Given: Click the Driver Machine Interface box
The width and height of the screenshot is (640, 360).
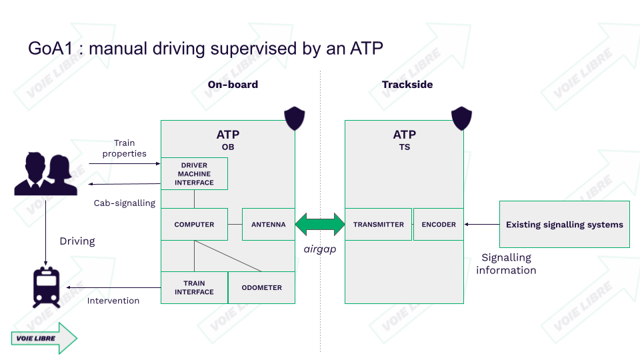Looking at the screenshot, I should coord(194,173).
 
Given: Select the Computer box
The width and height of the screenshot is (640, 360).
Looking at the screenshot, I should coord(194,225).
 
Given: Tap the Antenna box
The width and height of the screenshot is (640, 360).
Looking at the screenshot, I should coord(268,225).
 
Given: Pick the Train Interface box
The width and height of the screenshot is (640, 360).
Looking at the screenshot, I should coord(194,287).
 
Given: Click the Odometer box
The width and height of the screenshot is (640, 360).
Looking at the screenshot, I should coord(261,287).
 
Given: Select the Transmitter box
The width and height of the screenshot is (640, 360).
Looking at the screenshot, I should coord(378,225).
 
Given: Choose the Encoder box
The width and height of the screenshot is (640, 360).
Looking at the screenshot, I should coord(439,225).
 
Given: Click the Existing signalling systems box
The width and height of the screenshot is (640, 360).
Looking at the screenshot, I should coord(564,225).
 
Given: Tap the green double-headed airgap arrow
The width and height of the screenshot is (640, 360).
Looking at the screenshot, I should coord(320,225).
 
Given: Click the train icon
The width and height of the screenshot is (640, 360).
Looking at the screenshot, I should coord(45,287).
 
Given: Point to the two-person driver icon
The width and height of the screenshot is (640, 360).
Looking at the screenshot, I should coord(45,174).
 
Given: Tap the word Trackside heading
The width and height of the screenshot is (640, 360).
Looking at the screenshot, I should coord(407,85).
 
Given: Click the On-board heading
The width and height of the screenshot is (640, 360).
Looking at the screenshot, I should coord(233,85).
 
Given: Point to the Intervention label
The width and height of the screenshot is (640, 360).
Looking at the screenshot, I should coord(113,301).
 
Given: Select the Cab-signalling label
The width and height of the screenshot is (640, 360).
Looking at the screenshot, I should coord(124,203).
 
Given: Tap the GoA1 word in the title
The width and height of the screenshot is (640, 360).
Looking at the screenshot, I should coord(48,49).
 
